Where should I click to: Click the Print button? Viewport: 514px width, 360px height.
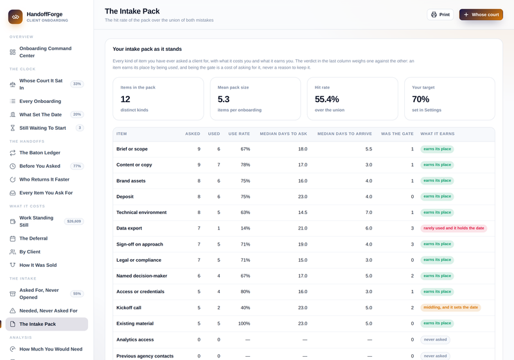pyautogui.click(x=440, y=14)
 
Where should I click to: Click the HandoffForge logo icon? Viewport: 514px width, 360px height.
pyautogui.click(x=15, y=17)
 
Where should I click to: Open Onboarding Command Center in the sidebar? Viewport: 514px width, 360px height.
pyautogui.click(x=45, y=52)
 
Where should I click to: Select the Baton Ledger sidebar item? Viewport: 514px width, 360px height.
pyautogui.click(x=40, y=152)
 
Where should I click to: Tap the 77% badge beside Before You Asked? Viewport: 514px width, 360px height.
pyautogui.click(x=77, y=166)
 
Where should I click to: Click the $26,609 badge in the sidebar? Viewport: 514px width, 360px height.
pyautogui.click(x=74, y=221)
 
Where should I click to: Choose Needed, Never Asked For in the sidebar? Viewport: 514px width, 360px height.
pyautogui.click(x=48, y=310)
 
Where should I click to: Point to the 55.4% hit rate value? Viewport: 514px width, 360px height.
pyautogui.click(x=327, y=99)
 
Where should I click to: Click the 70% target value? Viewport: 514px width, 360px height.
pyautogui.click(x=421, y=99)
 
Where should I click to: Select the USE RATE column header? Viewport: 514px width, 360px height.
pyautogui.click(x=239, y=134)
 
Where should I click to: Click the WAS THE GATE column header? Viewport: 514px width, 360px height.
pyautogui.click(x=397, y=134)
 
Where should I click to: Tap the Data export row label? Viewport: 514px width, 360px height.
pyautogui.click(x=129, y=228)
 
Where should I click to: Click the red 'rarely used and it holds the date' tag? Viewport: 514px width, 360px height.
pyautogui.click(x=454, y=228)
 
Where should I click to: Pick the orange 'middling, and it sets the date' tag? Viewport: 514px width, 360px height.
pyautogui.click(x=451, y=307)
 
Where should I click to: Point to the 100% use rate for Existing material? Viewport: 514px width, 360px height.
pyautogui.click(x=244, y=323)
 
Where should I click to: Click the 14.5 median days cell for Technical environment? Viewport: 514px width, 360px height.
pyautogui.click(x=303, y=212)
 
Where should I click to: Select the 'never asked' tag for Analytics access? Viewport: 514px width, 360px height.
pyautogui.click(x=435, y=339)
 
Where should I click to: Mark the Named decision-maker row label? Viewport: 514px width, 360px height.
pyautogui.click(x=141, y=276)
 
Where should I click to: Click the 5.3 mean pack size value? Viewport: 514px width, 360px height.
pyautogui.click(x=224, y=99)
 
